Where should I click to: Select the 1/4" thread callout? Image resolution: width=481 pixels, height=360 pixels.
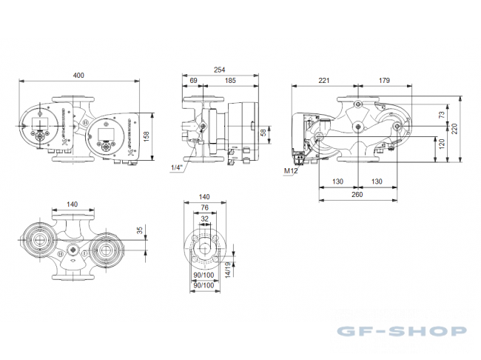[x=177, y=168]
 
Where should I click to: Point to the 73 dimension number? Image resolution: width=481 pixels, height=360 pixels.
[x=443, y=115]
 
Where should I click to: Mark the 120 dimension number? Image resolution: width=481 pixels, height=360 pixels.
[x=443, y=143]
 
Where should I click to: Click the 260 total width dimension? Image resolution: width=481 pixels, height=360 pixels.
[x=358, y=194]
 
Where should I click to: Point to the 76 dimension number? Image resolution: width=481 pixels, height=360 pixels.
[x=204, y=208]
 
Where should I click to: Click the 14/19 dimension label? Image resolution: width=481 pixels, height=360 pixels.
[x=229, y=271]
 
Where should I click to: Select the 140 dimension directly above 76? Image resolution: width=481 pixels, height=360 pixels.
[x=204, y=199]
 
